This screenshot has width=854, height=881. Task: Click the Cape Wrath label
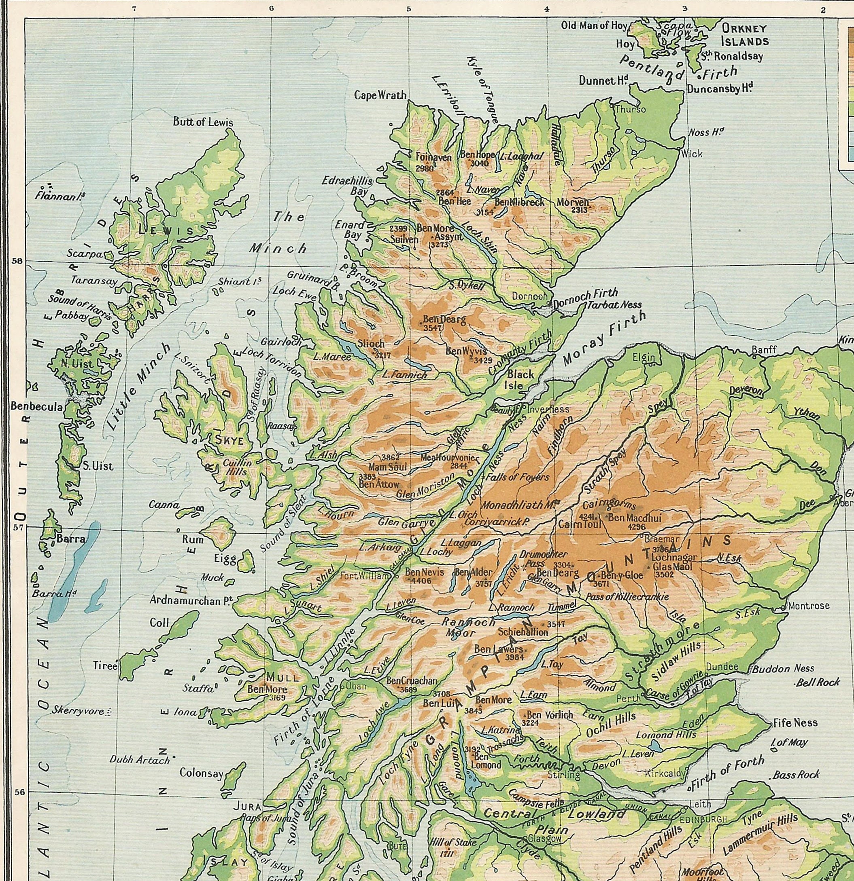[x=380, y=95]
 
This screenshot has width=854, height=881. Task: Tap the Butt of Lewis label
[x=203, y=122]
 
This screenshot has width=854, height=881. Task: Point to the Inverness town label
[x=548, y=410]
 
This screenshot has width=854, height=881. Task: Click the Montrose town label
[x=808, y=606]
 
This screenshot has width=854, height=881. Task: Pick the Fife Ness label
[x=795, y=723]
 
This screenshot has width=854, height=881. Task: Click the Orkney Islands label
[x=744, y=35]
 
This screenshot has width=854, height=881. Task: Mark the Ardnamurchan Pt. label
[x=190, y=600]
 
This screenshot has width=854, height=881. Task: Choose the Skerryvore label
[x=78, y=711]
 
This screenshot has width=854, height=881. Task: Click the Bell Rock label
[x=817, y=682]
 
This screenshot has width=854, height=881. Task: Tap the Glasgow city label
[x=545, y=839]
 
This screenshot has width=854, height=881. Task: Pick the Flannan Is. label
[x=60, y=195]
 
